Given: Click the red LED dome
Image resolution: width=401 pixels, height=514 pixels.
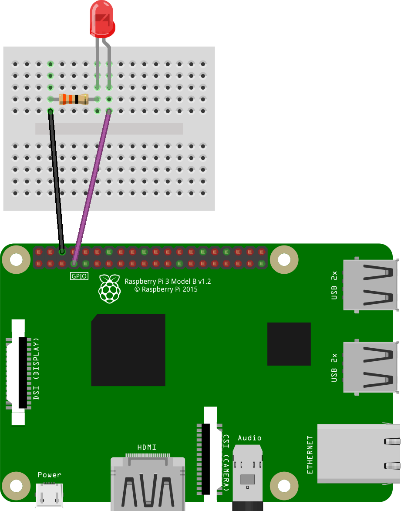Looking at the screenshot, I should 102,20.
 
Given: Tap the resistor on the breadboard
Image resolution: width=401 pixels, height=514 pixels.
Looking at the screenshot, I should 74,99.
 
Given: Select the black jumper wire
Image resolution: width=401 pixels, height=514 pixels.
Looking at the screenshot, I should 57,183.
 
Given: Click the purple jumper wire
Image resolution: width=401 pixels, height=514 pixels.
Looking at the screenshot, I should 91,187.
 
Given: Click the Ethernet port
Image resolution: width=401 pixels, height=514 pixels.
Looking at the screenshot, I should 358,454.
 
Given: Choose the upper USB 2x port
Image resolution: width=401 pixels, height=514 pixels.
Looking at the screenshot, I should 371,285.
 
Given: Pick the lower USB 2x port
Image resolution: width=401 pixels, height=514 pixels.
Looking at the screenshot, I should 371,368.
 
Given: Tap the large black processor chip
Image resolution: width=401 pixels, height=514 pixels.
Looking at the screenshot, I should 128,350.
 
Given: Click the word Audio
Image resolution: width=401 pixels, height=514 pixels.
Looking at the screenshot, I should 249,437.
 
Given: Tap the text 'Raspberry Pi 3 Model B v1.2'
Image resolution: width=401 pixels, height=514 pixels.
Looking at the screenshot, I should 168,282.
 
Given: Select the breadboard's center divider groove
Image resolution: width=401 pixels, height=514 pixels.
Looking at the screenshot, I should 109,128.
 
